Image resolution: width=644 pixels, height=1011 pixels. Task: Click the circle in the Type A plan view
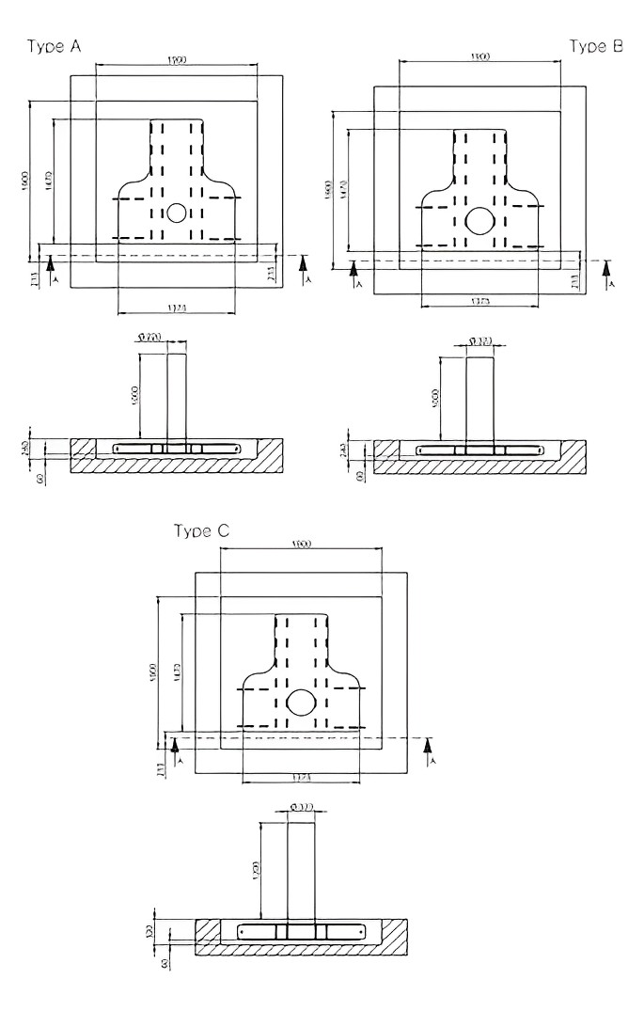point(176,213)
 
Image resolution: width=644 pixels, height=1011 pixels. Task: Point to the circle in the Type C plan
point(302,703)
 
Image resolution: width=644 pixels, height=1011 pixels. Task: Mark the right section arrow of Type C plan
point(429,750)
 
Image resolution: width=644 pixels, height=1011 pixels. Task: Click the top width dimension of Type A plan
point(176,61)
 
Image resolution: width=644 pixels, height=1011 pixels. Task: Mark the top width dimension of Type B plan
point(479,58)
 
